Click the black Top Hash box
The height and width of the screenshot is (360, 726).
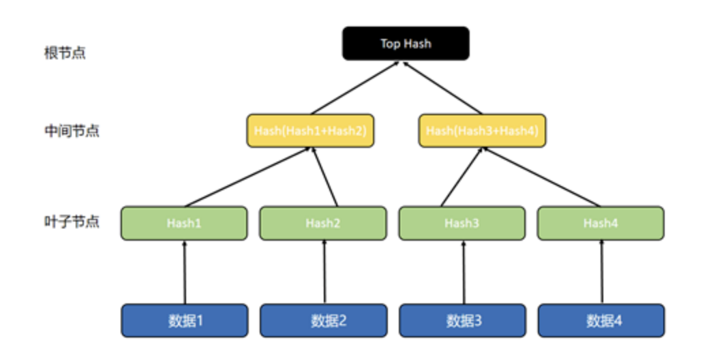coord(406,44)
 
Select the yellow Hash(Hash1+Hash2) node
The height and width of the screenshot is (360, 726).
coord(310,131)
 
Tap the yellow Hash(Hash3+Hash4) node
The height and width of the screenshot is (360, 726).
coord(482,131)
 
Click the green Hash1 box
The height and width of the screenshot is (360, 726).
coord(184,224)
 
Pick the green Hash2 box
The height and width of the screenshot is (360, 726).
coord(323,224)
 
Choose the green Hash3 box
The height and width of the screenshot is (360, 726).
coord(462,224)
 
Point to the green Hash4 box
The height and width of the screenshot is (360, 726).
coord(601,224)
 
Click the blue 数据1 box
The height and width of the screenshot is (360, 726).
coord(184,320)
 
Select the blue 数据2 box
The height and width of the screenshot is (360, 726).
coord(323,320)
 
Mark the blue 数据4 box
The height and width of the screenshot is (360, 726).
coord(601,320)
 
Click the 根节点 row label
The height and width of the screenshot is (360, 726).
coord(65,52)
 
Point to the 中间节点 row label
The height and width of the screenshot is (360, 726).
coord(72,131)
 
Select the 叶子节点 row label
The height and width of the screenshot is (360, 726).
coord(72,222)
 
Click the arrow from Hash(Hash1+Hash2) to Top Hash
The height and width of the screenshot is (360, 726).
coord(354,88)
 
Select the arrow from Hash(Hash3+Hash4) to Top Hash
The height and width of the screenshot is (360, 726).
coord(443,88)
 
